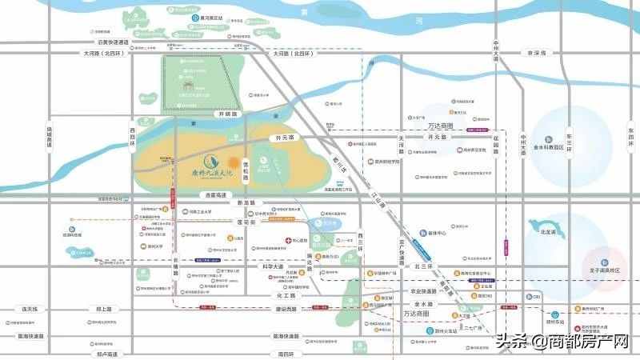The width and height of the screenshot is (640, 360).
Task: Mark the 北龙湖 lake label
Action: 549,233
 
